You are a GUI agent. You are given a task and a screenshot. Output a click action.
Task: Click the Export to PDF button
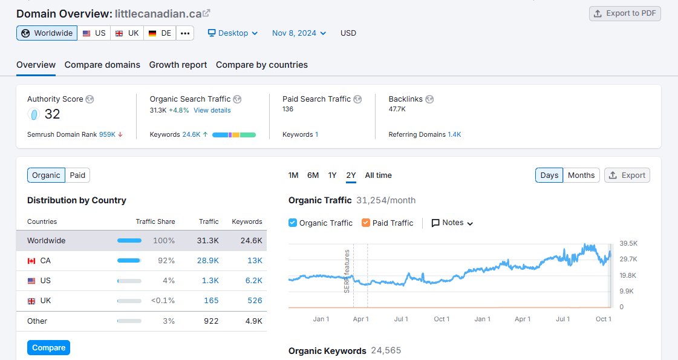tap(625, 13)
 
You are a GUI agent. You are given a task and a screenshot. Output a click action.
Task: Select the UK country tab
tap(127, 33)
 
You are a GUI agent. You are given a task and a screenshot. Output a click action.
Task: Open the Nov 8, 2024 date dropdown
tap(299, 33)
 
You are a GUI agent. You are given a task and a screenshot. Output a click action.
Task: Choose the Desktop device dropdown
tap(233, 33)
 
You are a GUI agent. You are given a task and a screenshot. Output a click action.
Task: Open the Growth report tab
tap(178, 65)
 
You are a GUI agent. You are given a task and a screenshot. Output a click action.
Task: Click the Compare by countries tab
tap(261, 65)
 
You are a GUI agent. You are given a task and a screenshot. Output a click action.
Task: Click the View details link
tap(212, 110)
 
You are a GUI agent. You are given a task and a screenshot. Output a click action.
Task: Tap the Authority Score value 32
tap(52, 114)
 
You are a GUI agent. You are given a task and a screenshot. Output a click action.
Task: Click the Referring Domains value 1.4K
tap(454, 134)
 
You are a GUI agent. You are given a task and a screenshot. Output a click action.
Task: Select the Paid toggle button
tap(77, 175)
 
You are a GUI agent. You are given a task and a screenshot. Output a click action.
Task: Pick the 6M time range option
tap(313, 175)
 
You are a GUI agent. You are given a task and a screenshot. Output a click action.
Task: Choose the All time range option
tap(378, 175)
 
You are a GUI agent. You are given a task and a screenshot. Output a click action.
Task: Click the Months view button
tap(581, 175)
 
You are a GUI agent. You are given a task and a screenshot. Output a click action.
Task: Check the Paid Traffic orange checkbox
tap(365, 223)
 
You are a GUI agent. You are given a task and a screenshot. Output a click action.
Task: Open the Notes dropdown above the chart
tap(452, 223)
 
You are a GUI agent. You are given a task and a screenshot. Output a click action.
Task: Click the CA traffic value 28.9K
tap(207, 261)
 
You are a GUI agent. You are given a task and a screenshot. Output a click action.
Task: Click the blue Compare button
tap(48, 348)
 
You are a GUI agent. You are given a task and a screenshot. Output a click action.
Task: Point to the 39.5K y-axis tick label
tap(628, 243)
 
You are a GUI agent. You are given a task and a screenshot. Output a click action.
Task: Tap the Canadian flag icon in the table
tap(31, 261)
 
